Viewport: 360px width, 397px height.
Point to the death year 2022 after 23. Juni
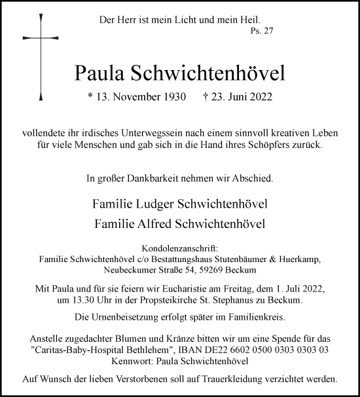coord(257,98)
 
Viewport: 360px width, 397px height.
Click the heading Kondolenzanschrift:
coord(179,248)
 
